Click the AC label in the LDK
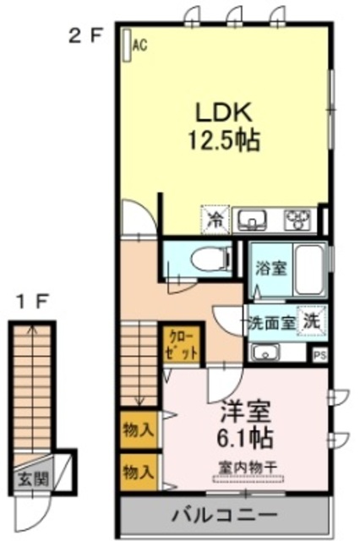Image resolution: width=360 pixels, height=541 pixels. coord(140,46)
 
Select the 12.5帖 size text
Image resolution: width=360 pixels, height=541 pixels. coord(223,140)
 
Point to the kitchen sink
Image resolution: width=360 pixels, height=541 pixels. coord(252,221)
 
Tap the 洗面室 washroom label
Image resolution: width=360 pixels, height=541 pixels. coord(270,322)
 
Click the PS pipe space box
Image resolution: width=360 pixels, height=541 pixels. coord(319,356)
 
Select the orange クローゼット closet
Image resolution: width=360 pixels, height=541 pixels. coord(180,344)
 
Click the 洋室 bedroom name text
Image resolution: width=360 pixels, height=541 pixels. coord(244,413)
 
